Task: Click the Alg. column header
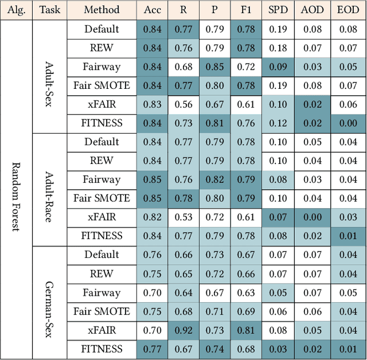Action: pos(16,10)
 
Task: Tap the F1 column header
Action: pos(247,10)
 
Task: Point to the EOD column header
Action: pos(348,10)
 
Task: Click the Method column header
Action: pos(101,10)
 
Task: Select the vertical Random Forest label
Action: pos(16,189)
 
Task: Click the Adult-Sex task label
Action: pos(50,76)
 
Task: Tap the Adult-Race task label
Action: pos(50,189)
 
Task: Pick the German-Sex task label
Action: pos(50,302)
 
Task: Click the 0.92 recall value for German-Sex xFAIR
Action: pos(183,330)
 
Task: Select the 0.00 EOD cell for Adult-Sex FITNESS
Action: pos(348,123)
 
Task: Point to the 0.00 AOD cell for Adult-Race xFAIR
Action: pos(313,217)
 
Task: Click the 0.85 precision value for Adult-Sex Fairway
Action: pos(214,67)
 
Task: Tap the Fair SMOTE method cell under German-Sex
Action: pos(101,311)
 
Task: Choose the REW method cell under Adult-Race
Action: pos(101,161)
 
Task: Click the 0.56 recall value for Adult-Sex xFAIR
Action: pos(183,104)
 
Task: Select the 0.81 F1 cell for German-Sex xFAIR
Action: pos(247,330)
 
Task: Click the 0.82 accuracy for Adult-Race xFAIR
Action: pos(152,217)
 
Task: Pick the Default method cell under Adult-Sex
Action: pos(101,29)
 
